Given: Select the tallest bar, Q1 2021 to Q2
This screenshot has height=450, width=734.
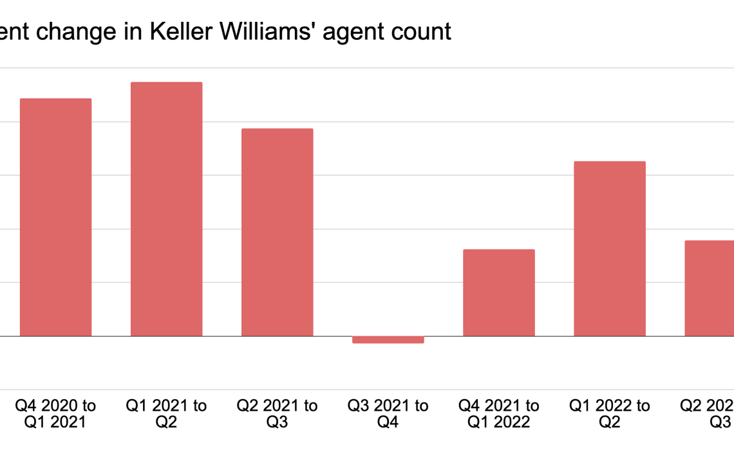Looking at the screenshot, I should [166, 209].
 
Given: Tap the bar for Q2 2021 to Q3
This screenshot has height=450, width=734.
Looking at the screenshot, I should [277, 232].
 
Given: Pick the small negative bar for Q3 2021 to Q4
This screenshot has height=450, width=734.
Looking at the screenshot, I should [388, 339].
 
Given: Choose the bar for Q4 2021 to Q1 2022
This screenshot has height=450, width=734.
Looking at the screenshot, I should [499, 292].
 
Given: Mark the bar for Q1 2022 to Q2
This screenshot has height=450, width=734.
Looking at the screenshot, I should [610, 249].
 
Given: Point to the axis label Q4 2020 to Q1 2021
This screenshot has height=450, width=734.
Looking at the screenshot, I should [55, 414].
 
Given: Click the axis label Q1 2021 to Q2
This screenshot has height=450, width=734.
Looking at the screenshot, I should [166, 414].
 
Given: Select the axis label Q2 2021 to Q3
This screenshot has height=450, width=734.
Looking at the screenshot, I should [277, 414].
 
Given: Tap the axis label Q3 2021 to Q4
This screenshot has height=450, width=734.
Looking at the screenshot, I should [388, 414].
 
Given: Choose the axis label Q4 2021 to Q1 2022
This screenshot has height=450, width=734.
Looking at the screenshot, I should [499, 414].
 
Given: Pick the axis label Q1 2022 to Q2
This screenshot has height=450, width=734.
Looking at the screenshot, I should [610, 414].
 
